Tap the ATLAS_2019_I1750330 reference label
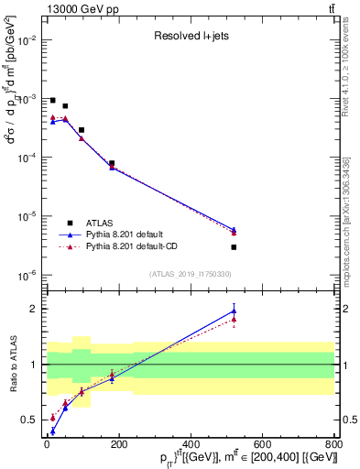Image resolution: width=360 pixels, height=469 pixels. [191, 273]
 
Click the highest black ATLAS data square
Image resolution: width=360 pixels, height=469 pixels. [52, 101]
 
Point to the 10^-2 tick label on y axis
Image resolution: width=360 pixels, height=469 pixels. [28, 40]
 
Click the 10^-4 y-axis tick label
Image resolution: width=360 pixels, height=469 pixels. [28, 158]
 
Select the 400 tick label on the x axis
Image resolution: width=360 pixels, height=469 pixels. [190, 444]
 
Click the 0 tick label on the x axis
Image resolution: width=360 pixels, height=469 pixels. [47, 444]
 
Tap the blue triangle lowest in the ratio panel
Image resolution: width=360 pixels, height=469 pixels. [52, 431]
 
